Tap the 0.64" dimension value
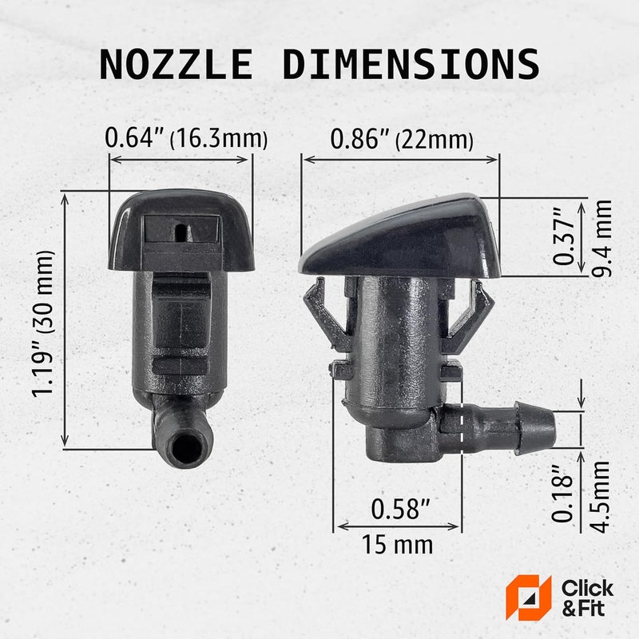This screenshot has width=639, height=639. (137, 139)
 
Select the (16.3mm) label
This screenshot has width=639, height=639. (219, 141)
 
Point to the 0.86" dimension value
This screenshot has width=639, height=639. (359, 139)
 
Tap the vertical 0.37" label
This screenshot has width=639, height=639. (565, 237)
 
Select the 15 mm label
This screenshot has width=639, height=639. (398, 546)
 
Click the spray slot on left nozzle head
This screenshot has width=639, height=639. (182, 232)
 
